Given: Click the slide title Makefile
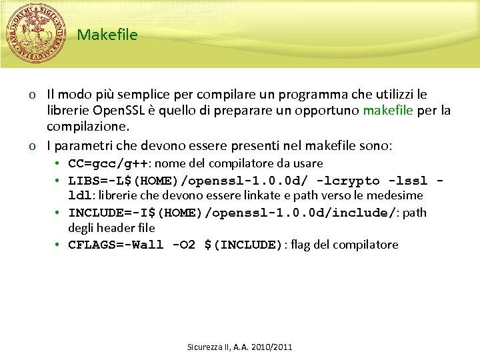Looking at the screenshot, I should click(x=107, y=35).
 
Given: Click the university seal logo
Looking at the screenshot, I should click(x=36, y=33).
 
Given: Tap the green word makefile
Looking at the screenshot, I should click(x=388, y=109).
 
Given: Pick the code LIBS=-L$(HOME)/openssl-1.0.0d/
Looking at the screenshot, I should click(x=187, y=181).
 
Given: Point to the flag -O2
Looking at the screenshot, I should click(x=183, y=245).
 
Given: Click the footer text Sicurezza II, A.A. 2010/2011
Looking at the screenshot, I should click(x=240, y=347).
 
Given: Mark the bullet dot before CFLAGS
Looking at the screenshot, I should click(x=59, y=245).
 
